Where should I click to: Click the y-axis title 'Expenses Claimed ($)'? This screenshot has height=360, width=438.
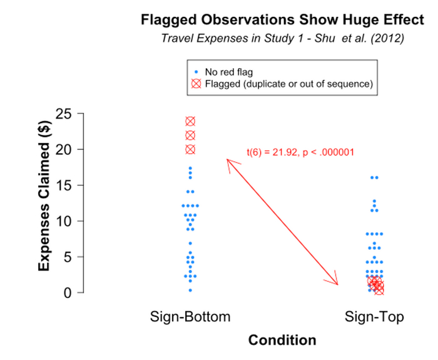click(x=44, y=203)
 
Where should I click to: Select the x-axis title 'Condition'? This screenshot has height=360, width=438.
click(x=282, y=341)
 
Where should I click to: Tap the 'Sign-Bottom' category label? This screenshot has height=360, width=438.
click(x=190, y=317)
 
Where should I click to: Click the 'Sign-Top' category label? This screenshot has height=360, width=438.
click(x=374, y=317)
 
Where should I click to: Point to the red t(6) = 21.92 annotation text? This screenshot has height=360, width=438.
click(x=300, y=151)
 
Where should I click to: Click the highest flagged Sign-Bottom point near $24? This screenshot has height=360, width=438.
click(x=190, y=121)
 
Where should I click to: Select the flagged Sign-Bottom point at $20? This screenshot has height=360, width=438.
click(x=190, y=149)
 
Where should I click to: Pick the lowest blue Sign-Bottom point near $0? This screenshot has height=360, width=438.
click(x=190, y=290)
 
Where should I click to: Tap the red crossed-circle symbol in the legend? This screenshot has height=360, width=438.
click(x=196, y=83)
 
